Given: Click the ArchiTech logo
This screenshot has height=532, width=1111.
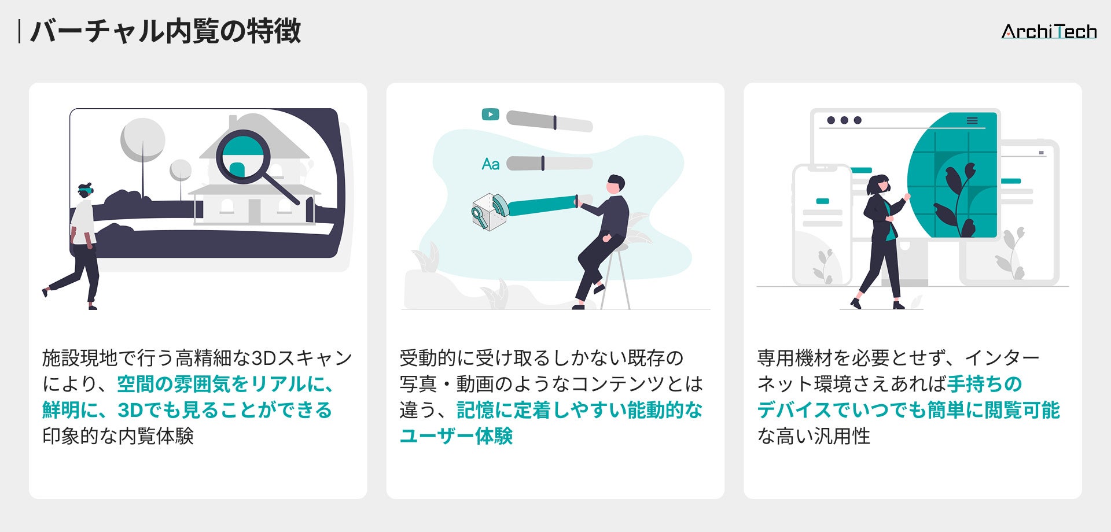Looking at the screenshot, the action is point(1049,31).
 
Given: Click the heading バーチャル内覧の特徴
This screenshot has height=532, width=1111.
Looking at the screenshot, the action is point(165,31).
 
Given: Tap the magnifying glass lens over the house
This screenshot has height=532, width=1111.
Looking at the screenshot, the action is point(243,156).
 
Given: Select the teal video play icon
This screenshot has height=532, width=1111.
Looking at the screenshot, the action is point(490,114).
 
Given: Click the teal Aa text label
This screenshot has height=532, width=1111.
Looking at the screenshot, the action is point(490,164).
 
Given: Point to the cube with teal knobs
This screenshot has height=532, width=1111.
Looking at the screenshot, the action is point(489,212).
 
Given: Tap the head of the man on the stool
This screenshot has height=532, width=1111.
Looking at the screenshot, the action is point(616,184).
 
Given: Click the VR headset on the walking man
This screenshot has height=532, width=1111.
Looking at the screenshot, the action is point(86,189).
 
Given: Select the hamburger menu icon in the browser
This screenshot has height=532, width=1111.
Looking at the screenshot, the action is point(972,121).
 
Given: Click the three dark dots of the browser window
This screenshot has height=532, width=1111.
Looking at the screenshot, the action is point(844,120).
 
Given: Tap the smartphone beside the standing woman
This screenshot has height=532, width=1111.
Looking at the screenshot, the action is point(822,226).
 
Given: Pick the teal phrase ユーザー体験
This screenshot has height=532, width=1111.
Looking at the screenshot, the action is point(456,436).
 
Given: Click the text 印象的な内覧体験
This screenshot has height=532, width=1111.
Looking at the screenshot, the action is point(118,436).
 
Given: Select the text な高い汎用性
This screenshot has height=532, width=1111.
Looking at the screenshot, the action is point(814,436).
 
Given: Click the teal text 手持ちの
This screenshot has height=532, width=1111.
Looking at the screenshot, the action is point(984,384).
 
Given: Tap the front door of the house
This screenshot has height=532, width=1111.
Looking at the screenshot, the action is point(254,211).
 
